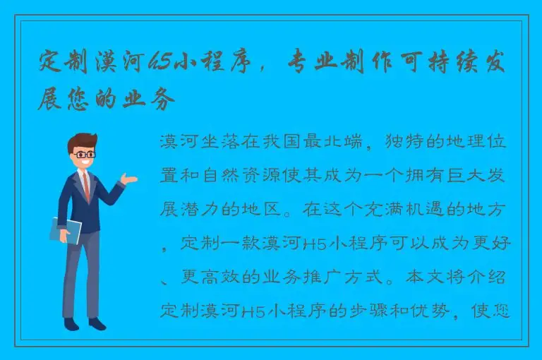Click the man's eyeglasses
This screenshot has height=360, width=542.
[x=85, y=154]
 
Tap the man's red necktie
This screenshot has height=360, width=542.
[x=86, y=185]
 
